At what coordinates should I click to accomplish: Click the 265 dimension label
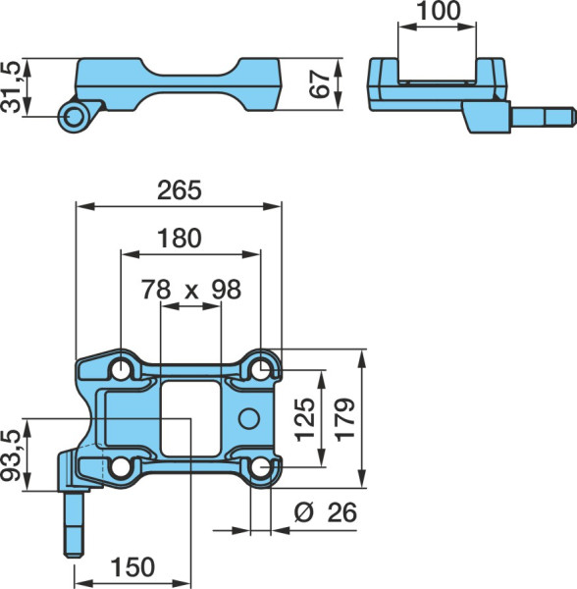tap(179, 190)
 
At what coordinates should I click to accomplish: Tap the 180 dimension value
tap(180, 239)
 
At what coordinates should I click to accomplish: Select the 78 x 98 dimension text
tap(191, 290)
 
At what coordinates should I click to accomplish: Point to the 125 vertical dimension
tap(305, 419)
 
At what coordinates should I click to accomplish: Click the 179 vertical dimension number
tap(344, 419)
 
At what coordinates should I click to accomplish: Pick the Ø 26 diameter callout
tap(325, 512)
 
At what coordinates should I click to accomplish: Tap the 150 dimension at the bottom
tap(132, 566)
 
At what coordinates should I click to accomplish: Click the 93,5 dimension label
tap(10, 455)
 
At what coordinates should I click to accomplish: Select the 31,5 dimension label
tap(10, 87)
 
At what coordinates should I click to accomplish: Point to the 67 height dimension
tap(321, 84)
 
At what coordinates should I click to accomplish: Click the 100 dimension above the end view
tap(438, 11)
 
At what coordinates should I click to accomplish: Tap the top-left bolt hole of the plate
tap(121, 370)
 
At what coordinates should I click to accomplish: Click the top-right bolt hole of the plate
tap(260, 370)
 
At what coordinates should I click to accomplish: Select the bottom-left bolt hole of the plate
tap(121, 467)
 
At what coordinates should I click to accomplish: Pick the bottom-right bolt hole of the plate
tap(260, 468)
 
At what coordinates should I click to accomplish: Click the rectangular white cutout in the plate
tap(190, 419)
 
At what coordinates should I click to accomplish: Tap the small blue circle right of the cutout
tap(249, 419)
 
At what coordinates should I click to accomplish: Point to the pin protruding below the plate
tap(74, 524)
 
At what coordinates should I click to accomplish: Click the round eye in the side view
tap(74, 117)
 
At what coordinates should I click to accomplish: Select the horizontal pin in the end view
tap(543, 117)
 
